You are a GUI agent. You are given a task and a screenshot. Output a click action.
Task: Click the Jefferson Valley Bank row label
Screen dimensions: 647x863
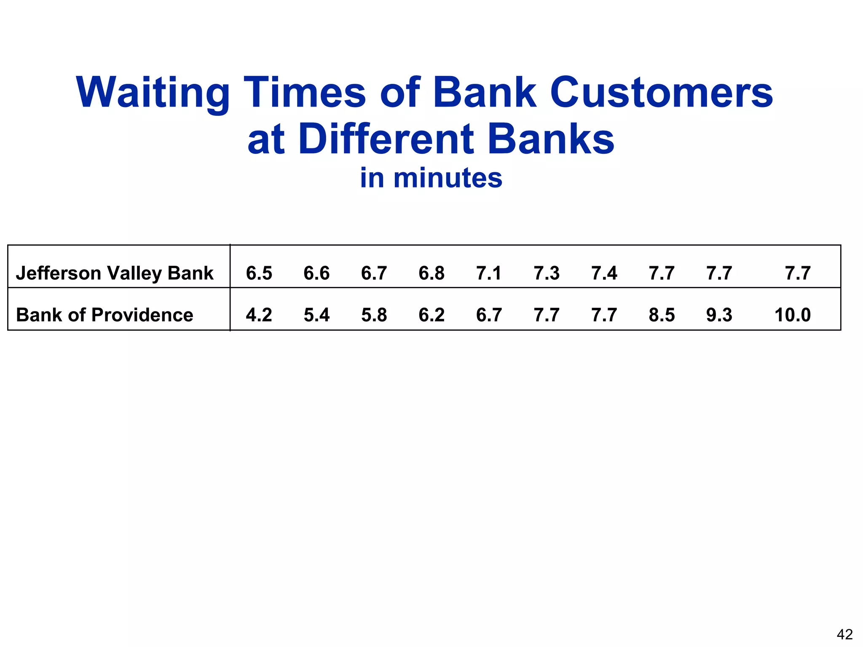tap(115, 273)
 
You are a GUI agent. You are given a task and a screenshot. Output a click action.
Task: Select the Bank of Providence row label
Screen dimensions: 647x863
tap(105, 315)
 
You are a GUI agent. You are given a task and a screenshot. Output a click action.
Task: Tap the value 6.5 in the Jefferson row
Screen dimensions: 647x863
tap(259, 273)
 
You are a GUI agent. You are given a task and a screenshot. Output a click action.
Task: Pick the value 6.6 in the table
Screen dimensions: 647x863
tap(316, 273)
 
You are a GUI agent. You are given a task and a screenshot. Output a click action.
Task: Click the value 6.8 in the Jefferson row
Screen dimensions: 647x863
tap(431, 273)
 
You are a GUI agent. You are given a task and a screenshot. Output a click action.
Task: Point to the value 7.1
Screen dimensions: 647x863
tap(489, 273)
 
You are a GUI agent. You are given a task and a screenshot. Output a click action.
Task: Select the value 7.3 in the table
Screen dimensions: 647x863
tap(547, 273)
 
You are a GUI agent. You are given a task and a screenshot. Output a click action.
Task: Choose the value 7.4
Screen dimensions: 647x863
tap(604, 273)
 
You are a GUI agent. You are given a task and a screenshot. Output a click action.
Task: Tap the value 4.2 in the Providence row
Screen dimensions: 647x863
tap(259, 315)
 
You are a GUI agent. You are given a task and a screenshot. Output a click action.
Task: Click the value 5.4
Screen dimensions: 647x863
tap(316, 315)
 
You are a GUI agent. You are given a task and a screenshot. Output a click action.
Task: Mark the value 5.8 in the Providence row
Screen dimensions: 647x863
tap(374, 315)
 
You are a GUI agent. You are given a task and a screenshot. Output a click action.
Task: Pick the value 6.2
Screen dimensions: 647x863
tap(431, 315)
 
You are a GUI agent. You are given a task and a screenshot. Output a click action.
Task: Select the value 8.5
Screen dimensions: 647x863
tap(662, 315)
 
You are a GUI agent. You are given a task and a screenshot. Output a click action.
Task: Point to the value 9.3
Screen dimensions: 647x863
tap(719, 315)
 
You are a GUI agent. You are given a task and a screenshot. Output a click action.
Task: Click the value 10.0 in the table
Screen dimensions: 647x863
tap(793, 315)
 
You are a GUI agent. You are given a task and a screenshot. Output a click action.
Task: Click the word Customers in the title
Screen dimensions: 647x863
tap(661, 93)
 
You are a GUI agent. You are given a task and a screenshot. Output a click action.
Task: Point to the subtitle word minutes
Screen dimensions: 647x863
tap(448, 178)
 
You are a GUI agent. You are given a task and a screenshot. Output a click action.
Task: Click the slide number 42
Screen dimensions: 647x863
tap(844, 634)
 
